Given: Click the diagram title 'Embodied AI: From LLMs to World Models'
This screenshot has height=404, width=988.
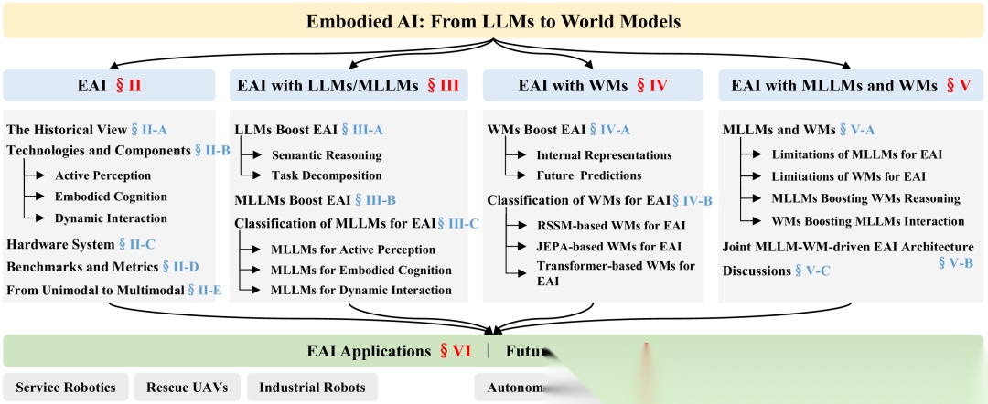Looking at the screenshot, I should [493, 19].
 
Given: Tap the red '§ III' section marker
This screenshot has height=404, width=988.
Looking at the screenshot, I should [439, 86].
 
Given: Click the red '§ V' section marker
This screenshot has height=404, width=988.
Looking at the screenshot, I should [957, 86].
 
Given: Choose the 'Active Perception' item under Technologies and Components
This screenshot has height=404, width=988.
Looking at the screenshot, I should [102, 175].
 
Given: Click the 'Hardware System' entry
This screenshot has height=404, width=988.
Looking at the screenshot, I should [59, 244].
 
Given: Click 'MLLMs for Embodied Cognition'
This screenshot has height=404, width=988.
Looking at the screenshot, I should [361, 270].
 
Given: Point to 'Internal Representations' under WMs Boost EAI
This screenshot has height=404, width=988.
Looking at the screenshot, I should [604, 155].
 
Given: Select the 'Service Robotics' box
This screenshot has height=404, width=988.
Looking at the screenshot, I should [66, 388].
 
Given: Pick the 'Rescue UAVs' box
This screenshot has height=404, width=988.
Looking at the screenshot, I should [187, 388].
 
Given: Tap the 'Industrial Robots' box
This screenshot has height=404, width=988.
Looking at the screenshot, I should [312, 388].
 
